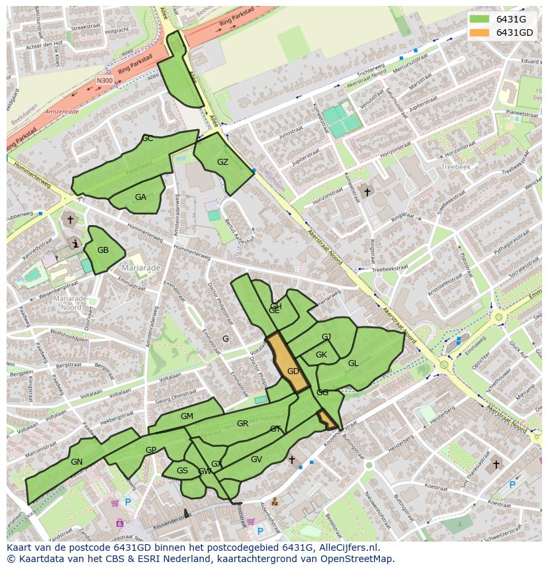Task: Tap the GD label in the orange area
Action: click(293, 371)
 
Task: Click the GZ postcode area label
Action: click(222, 162)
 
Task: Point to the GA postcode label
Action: click(140, 197)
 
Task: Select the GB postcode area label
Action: click(103, 250)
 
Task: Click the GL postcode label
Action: click(353, 363)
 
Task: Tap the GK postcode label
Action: click(321, 355)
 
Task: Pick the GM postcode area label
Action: click(187, 416)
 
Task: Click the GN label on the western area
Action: click(77, 462)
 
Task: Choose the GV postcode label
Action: click(256, 459)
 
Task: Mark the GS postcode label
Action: click(182, 471)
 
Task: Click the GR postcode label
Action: click(242, 424)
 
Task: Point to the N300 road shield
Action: click(105, 81)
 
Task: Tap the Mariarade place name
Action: click(141, 268)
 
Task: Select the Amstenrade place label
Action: click(62, 112)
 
